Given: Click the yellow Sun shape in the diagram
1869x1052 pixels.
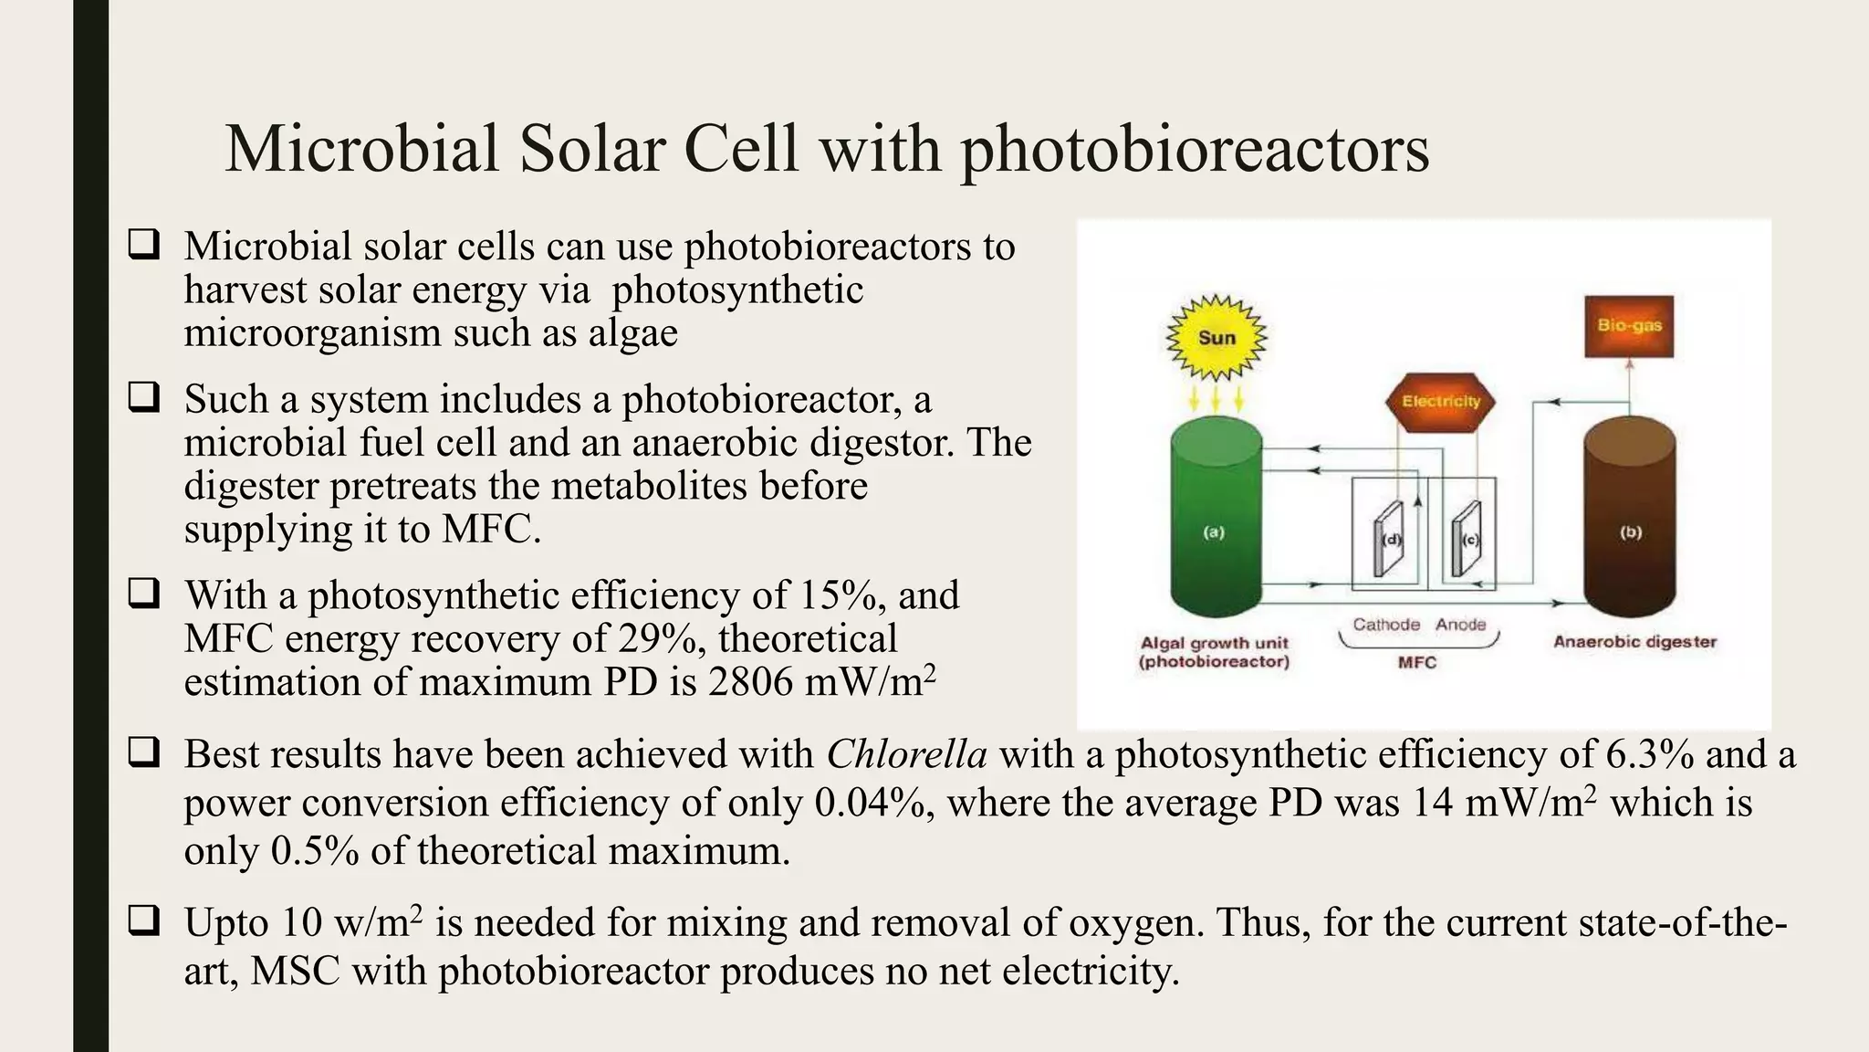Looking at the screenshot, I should pyautogui.click(x=1216, y=337).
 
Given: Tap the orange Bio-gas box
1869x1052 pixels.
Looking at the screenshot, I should pyautogui.click(x=1629, y=326).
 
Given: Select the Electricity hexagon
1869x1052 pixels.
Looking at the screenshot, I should pyautogui.click(x=1441, y=401).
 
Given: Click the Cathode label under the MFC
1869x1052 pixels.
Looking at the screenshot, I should pyautogui.click(x=1386, y=625).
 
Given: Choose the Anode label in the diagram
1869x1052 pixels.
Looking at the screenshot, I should pyautogui.click(x=1460, y=625).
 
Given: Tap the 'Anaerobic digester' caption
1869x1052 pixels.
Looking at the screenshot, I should pyautogui.click(x=1634, y=642).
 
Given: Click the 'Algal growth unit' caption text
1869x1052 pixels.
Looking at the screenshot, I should pyautogui.click(x=1215, y=643).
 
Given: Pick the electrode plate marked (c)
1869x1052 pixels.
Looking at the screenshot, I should pyautogui.click(x=1467, y=540).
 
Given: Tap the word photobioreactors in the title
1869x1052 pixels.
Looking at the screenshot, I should pyautogui.click(x=1195, y=149).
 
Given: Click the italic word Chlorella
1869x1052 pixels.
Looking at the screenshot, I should pyautogui.click(x=906, y=755).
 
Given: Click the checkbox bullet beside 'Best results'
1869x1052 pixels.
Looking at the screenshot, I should pyautogui.click(x=143, y=753).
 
